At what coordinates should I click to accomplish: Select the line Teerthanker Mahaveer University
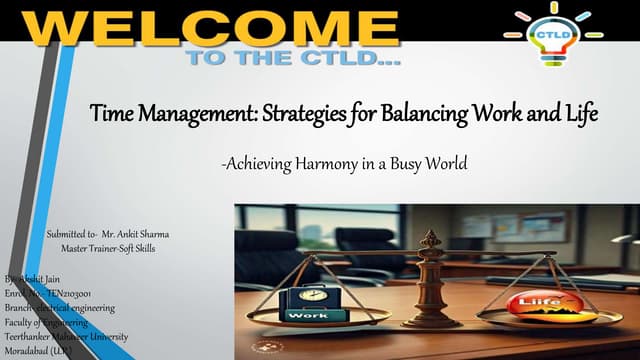[66, 336]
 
